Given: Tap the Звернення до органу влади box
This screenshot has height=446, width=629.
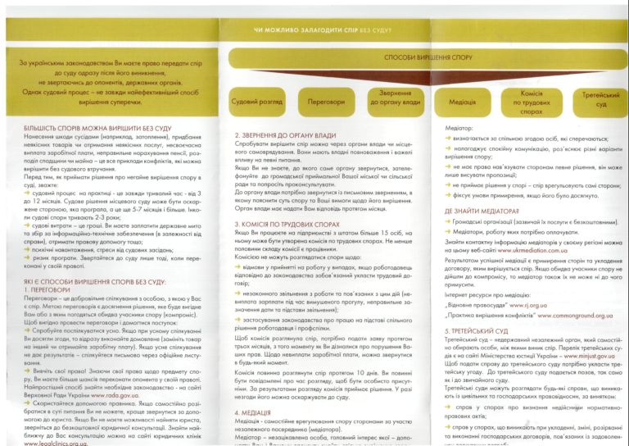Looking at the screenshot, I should (395, 98).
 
